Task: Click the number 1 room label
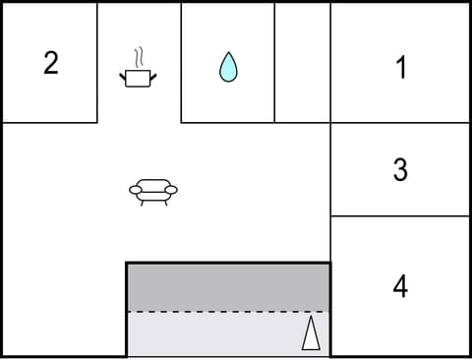400,68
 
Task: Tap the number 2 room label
51,63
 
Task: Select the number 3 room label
400,170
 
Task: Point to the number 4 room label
400,286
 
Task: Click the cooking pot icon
139,77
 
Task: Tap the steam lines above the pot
140,55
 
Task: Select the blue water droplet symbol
228,67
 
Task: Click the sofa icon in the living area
153,190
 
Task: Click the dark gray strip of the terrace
228,287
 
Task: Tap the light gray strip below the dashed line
216,334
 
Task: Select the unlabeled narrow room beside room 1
302,63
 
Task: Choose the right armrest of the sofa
171,189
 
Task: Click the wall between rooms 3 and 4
400,216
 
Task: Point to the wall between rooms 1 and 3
400,123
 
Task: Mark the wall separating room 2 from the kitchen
97,63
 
